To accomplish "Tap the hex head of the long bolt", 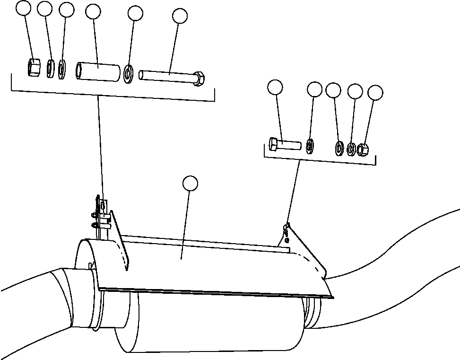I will [199, 78].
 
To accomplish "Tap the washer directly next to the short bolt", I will [310, 146].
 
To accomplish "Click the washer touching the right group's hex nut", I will [351, 149].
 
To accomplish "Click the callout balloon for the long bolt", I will [180, 16].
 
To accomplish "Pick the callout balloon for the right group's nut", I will [375, 93].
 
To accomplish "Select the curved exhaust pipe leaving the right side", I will [402, 265].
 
